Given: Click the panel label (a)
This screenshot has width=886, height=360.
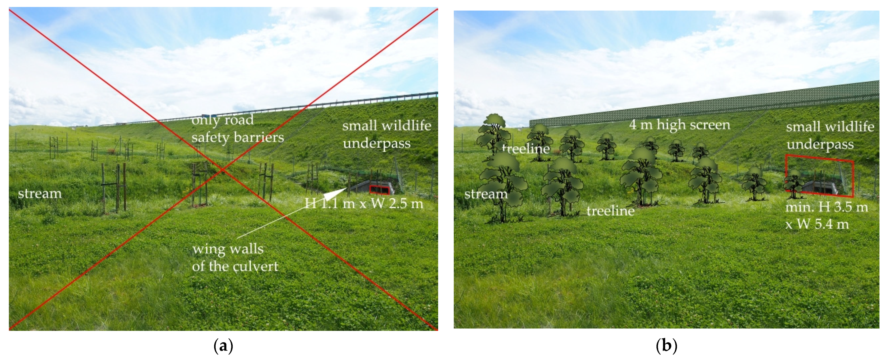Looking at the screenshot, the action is point(223,346).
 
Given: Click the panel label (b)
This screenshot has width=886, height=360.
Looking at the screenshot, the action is point(666,346).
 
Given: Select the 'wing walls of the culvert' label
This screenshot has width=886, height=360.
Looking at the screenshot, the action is point(235,258).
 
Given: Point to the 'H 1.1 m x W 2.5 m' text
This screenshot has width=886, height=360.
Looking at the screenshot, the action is point(364,204).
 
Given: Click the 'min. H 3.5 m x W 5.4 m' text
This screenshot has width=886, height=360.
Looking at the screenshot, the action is point(826,216).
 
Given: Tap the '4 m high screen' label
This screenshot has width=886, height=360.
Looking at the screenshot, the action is point(679,125).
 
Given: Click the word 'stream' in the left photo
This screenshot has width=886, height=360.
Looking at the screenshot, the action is point(40,194).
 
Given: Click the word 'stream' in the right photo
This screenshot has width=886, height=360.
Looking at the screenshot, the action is point(486,194).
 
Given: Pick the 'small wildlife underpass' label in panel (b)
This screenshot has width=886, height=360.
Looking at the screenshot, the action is point(830,135).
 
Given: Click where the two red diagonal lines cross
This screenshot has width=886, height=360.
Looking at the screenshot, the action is point(223,169).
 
